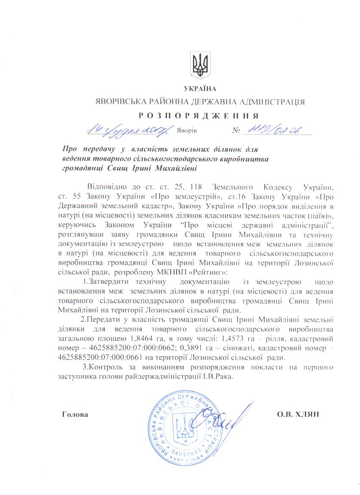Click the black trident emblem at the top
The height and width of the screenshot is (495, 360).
click(199, 65)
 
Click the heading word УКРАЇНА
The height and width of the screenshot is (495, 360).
click(200, 88)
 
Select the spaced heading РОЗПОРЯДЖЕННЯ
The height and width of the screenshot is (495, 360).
click(199, 116)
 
